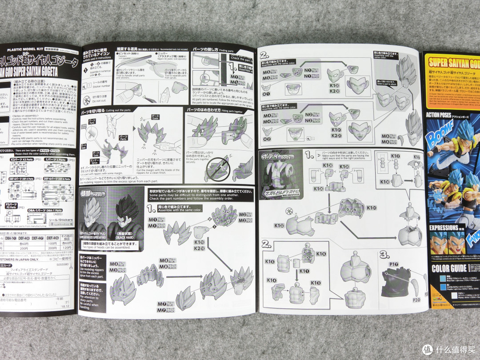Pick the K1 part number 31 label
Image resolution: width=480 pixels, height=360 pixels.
click(370, 208)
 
